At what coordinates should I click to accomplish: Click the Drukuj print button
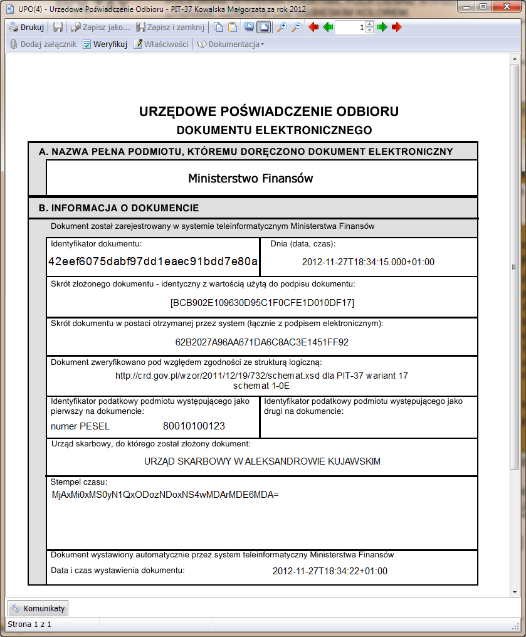26,28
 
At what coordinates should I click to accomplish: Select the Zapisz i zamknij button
171,28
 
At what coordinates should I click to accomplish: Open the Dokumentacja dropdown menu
231,45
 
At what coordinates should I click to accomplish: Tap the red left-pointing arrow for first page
313,28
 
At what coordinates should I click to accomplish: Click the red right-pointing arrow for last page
396,28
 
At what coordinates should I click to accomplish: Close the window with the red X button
508,6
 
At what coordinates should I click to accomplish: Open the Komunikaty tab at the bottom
37,608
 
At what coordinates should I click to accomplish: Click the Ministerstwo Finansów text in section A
250,179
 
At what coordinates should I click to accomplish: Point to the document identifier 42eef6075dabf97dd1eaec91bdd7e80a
153,261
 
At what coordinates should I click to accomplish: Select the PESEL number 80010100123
194,426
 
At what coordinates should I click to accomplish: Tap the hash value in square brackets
262,303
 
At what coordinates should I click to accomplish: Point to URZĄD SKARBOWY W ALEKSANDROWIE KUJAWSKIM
262,461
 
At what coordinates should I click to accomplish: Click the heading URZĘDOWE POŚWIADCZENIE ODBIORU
268,112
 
